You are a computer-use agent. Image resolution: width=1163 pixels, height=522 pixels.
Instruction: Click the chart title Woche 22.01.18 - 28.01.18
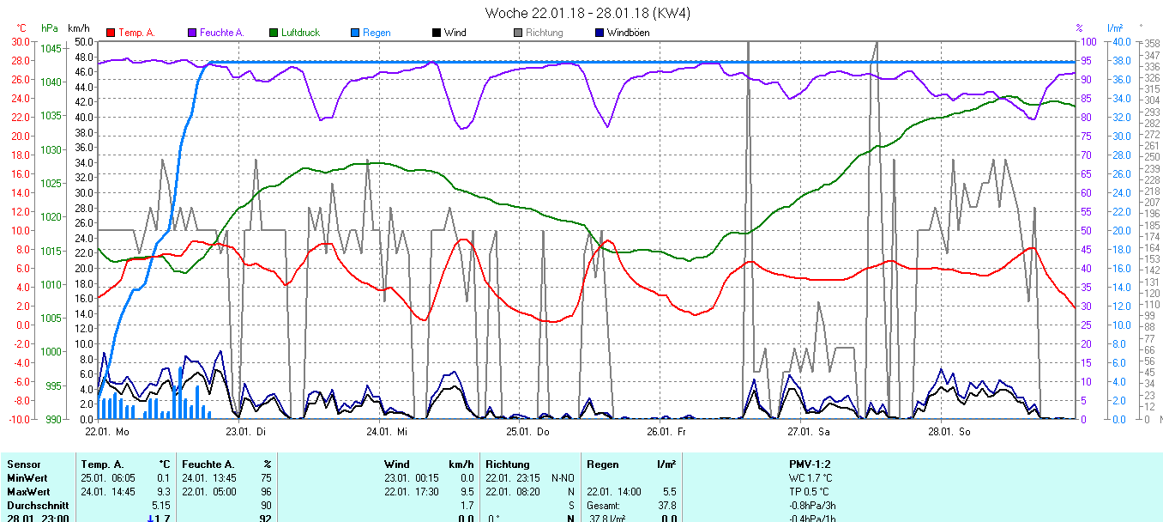point(587,13)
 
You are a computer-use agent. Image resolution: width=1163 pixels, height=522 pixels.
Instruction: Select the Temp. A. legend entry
point(136,33)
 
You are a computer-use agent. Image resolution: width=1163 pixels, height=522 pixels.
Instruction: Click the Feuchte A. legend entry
point(221,33)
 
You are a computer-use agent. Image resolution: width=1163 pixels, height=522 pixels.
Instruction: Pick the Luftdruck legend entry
point(300,33)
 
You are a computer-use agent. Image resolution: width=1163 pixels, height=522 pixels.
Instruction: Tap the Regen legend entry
point(376,33)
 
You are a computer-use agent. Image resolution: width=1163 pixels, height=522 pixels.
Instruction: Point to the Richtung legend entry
point(544,33)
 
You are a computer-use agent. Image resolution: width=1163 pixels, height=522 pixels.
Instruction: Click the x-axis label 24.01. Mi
point(388,432)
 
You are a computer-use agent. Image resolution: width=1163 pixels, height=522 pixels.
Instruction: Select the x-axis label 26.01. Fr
point(666,432)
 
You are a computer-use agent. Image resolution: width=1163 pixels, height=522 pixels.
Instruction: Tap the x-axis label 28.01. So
point(947,432)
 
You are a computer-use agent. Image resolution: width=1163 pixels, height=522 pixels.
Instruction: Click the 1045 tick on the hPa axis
point(51,48)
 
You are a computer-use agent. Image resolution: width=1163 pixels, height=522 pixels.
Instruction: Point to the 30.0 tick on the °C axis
point(20,41)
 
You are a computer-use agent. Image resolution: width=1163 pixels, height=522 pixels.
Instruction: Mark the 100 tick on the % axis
point(1088,41)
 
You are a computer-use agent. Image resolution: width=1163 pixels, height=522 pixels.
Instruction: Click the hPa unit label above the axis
point(50,28)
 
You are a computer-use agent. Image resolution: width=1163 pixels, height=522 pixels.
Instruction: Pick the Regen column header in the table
point(602,464)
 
